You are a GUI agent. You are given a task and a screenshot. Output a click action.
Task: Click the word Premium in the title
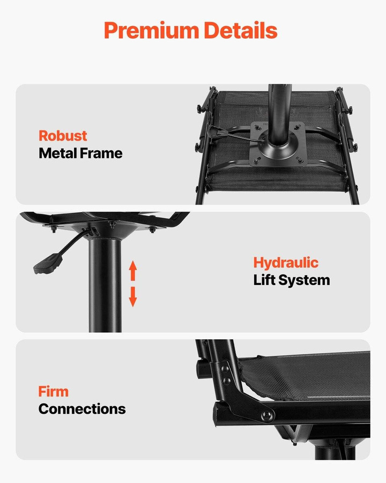tap(152, 31)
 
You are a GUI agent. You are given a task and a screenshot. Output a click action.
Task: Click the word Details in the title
tap(240, 30)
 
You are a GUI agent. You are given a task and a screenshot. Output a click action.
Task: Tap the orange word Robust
tap(63, 136)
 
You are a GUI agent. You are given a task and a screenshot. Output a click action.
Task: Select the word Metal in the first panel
tap(57, 153)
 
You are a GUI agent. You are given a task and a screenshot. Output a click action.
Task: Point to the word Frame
tap(101, 153)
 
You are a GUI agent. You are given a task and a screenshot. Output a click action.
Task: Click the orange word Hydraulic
tap(286, 263)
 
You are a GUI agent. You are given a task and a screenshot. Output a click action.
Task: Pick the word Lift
tap(264, 280)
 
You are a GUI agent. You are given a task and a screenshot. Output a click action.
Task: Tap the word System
tap(304, 281)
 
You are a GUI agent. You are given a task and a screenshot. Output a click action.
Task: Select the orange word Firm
tap(53, 392)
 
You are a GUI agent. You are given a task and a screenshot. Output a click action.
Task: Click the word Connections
tap(82, 409)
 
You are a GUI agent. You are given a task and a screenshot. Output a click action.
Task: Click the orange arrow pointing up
tap(133, 271)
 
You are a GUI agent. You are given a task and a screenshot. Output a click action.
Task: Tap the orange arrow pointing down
tap(133, 297)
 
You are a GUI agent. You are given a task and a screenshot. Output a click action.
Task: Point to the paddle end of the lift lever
tap(48, 264)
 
